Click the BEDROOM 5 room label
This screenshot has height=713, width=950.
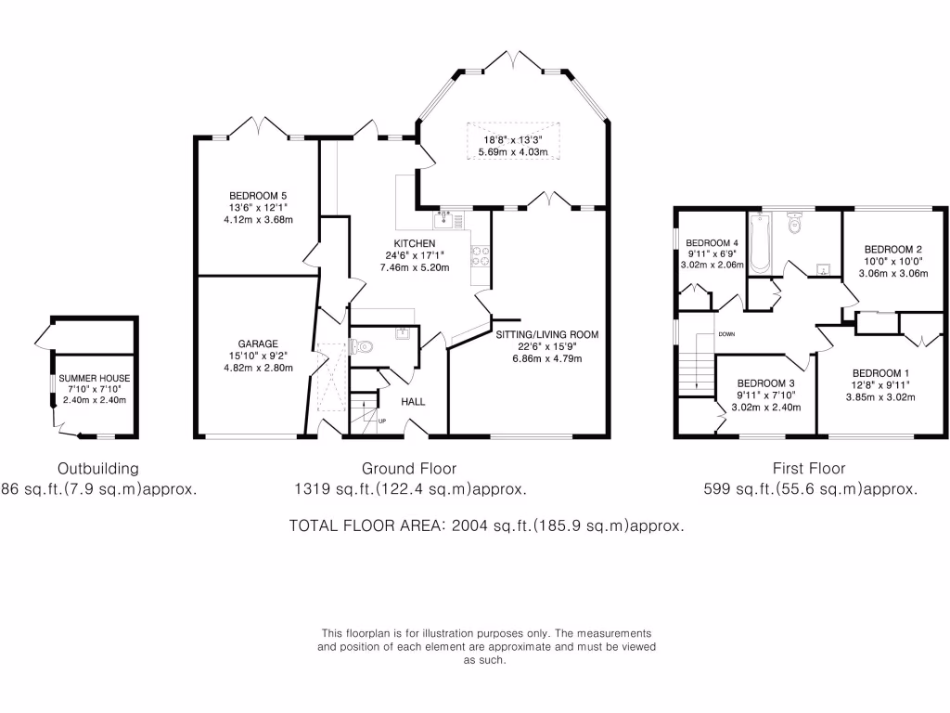pyautogui.click(x=255, y=195)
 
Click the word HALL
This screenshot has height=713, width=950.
pyautogui.click(x=415, y=402)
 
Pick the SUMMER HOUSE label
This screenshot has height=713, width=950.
pyautogui.click(x=94, y=379)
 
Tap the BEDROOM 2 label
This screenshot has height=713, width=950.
pyautogui.click(x=892, y=249)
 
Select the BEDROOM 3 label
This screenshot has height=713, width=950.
pyautogui.click(x=766, y=382)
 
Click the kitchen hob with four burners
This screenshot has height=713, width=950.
pyautogui.click(x=481, y=255)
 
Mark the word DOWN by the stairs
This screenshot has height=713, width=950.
pyautogui.click(x=725, y=334)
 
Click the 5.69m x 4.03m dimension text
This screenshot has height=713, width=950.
pyautogui.click(x=513, y=151)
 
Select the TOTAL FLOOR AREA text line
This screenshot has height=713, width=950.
pyautogui.click(x=487, y=525)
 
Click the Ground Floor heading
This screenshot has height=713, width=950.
pyautogui.click(x=409, y=468)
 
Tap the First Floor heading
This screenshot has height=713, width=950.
pyautogui.click(x=809, y=468)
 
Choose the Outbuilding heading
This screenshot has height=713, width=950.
pyautogui.click(x=97, y=468)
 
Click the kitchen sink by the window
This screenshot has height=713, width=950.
pyautogui.click(x=446, y=219)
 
